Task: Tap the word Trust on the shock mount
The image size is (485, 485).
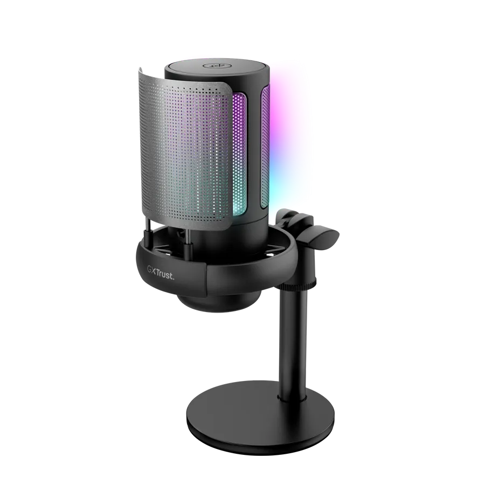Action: coord(165,275)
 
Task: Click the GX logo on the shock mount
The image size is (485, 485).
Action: coord(151,269)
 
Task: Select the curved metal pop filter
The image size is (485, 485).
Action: coord(185,151)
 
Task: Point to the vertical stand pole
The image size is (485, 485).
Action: coord(293,340)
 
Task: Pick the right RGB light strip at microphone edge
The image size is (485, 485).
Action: coord(265,148)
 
